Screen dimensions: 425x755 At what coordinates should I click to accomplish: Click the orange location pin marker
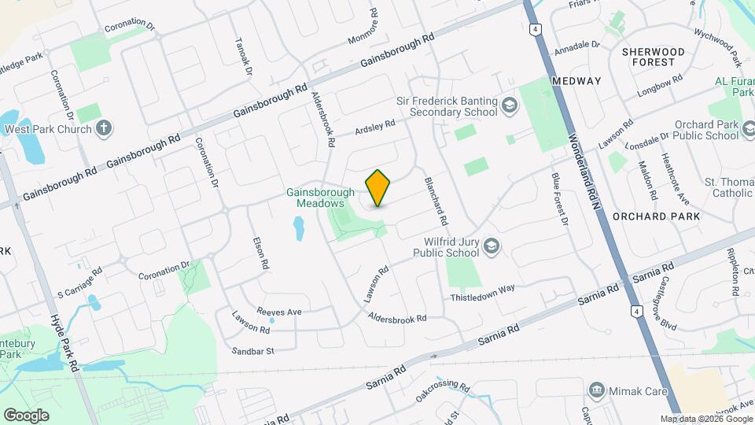(x=378, y=188)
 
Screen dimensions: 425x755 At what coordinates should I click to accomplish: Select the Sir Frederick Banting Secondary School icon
(x=510, y=106)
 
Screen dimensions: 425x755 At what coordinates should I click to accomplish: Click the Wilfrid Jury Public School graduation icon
(x=492, y=247)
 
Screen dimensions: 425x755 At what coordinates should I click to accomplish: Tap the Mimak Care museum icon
(x=597, y=390)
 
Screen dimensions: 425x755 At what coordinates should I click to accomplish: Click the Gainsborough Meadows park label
(x=315, y=198)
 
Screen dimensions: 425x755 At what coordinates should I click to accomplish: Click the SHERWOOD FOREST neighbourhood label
(x=653, y=57)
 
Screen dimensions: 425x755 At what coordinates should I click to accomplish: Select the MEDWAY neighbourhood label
(x=576, y=81)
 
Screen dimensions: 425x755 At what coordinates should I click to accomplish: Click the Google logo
(x=26, y=416)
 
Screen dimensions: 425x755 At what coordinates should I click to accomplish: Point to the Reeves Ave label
(x=280, y=312)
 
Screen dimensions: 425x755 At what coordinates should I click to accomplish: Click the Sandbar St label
(x=252, y=350)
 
